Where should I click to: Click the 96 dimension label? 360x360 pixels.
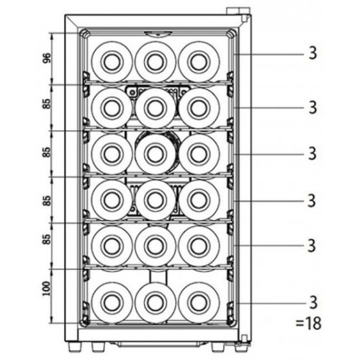(x=47, y=58)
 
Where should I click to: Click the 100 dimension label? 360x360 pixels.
(x=47, y=289)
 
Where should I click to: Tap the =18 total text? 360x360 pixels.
(x=308, y=323)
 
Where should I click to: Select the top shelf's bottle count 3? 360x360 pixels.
(x=312, y=53)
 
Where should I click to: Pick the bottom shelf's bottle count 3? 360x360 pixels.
(x=313, y=302)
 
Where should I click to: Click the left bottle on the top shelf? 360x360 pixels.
(x=112, y=62)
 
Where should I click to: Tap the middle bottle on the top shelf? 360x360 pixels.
(x=156, y=62)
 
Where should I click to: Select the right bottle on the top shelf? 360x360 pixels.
(x=199, y=62)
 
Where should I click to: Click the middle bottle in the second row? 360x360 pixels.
(x=156, y=108)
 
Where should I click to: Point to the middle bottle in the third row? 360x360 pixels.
(x=156, y=154)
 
